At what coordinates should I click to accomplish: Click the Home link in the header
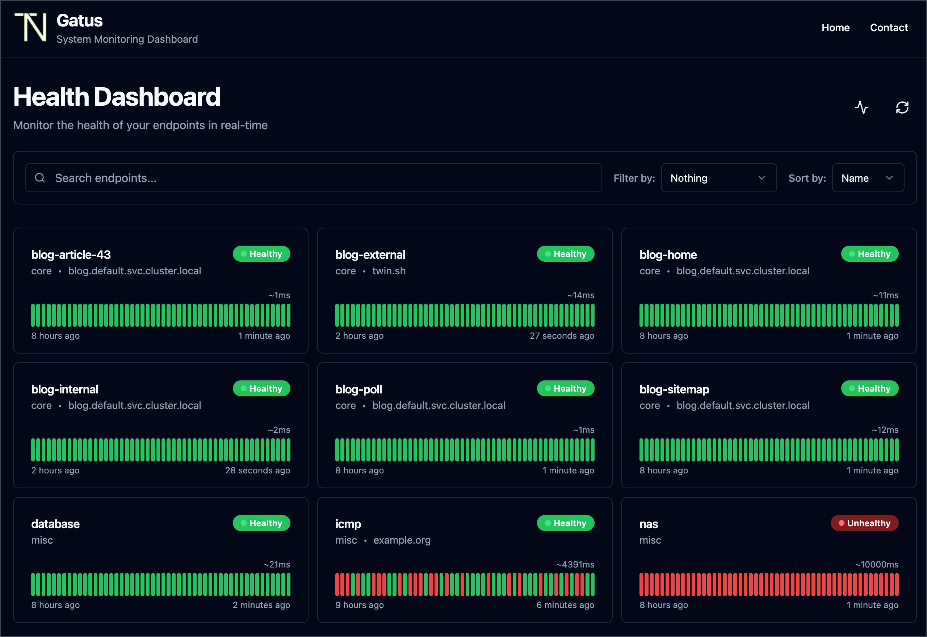[x=835, y=28]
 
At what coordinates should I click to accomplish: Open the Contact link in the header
[x=889, y=28]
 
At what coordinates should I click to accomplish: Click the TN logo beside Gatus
[x=31, y=27]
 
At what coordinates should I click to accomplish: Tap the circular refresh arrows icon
[x=902, y=107]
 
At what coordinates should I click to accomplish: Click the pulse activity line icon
[x=861, y=107]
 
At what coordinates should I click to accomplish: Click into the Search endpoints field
[x=313, y=178]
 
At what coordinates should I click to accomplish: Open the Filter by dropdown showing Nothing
[x=718, y=178]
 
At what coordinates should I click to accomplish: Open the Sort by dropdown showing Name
[x=868, y=178]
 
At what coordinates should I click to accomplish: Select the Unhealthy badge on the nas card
[x=864, y=523]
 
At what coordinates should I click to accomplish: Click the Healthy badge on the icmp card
[x=565, y=523]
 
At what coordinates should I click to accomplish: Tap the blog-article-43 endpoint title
[x=71, y=255]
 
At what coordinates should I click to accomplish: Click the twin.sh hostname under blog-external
[x=389, y=271]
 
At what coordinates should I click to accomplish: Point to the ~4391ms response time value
[x=575, y=564]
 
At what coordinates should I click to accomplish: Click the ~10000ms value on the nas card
[x=876, y=564]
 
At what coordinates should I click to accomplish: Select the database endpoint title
[x=55, y=524]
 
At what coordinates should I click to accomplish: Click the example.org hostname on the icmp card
[x=402, y=540]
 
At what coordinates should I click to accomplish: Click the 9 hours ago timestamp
[x=359, y=605]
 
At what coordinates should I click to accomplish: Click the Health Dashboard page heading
[x=117, y=97]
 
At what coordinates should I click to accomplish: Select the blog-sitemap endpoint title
[x=674, y=389]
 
